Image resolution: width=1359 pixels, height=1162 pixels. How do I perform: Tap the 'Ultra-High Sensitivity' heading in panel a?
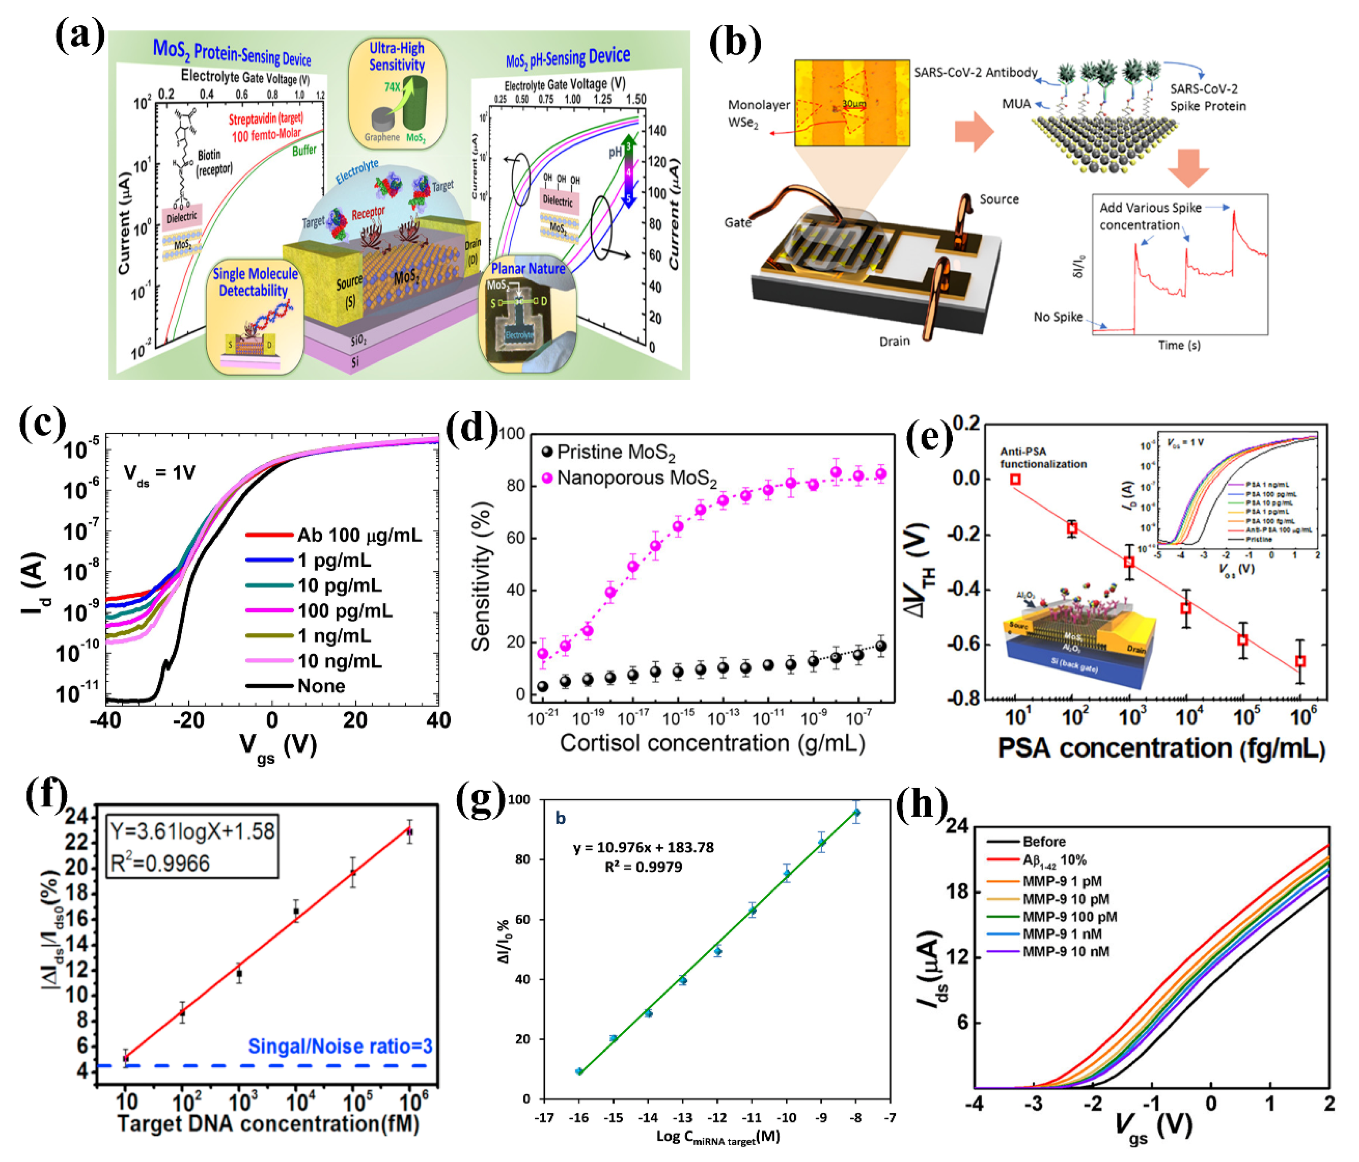point(396,56)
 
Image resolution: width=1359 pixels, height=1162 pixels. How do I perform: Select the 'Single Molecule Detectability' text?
point(254,282)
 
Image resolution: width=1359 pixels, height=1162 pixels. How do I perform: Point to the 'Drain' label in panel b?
point(894,341)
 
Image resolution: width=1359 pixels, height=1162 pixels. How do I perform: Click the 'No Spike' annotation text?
point(1057,317)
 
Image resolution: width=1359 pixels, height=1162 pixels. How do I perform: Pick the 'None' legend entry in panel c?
point(321,686)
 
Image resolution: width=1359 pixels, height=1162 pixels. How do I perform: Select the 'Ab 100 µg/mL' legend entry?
point(359,536)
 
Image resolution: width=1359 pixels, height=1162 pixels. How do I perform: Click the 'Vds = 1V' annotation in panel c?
point(159,474)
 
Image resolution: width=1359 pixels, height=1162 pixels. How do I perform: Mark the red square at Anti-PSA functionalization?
point(1015,479)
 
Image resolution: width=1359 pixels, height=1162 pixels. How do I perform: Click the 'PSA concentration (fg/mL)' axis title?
point(1161,748)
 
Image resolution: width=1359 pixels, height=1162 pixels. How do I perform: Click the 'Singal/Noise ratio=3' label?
point(340,1046)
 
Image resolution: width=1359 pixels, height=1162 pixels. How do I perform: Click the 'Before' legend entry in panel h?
point(1044,841)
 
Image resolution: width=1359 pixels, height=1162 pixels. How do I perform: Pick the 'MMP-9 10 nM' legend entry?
point(1066,952)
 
